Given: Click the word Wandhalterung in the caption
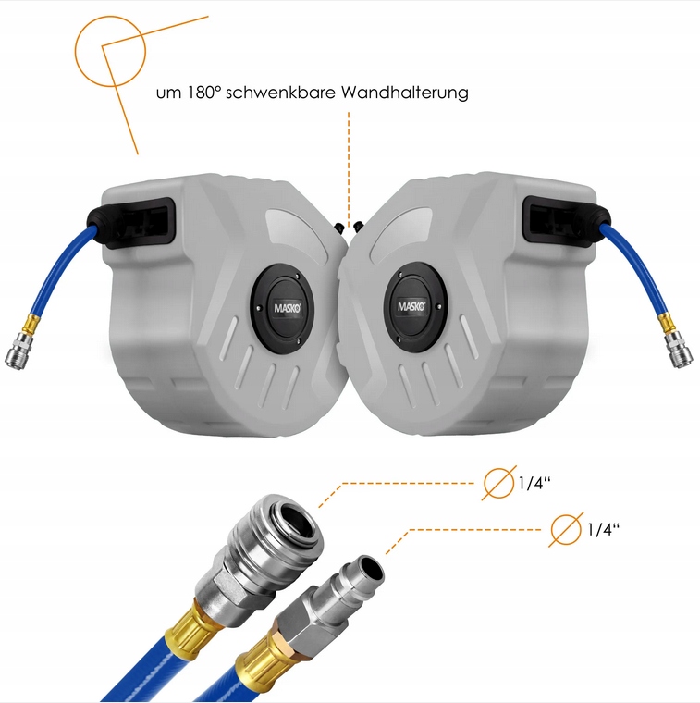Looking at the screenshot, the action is (x=405, y=92).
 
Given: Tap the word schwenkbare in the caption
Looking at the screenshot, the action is (x=280, y=92).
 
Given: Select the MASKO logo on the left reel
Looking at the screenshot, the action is (x=288, y=308).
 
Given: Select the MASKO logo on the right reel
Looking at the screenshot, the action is (x=411, y=306).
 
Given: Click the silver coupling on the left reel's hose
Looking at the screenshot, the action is (x=18, y=350).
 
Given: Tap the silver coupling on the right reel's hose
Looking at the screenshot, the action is (x=678, y=351).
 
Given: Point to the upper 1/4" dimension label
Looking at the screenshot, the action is (x=534, y=483).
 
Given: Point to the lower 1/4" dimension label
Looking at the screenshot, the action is (x=603, y=529).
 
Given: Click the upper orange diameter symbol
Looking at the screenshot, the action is (x=498, y=483).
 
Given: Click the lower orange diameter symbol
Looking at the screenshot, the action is (x=566, y=529).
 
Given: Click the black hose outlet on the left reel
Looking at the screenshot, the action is (x=130, y=222).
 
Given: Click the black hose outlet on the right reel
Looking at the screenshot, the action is (x=568, y=221).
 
